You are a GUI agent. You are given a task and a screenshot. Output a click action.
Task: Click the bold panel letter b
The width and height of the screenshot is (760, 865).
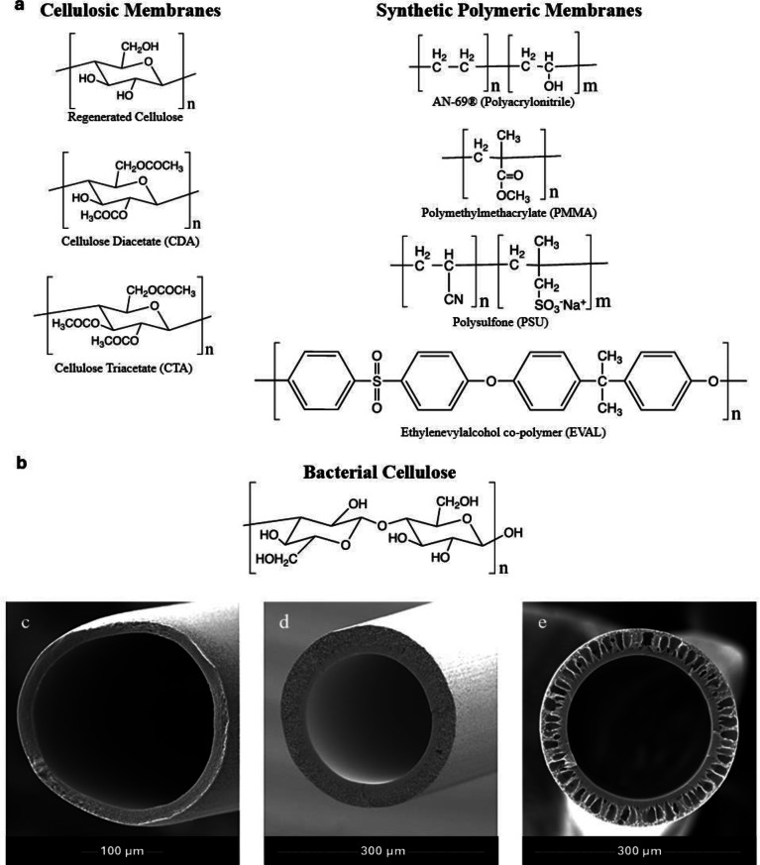pos(13,461)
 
